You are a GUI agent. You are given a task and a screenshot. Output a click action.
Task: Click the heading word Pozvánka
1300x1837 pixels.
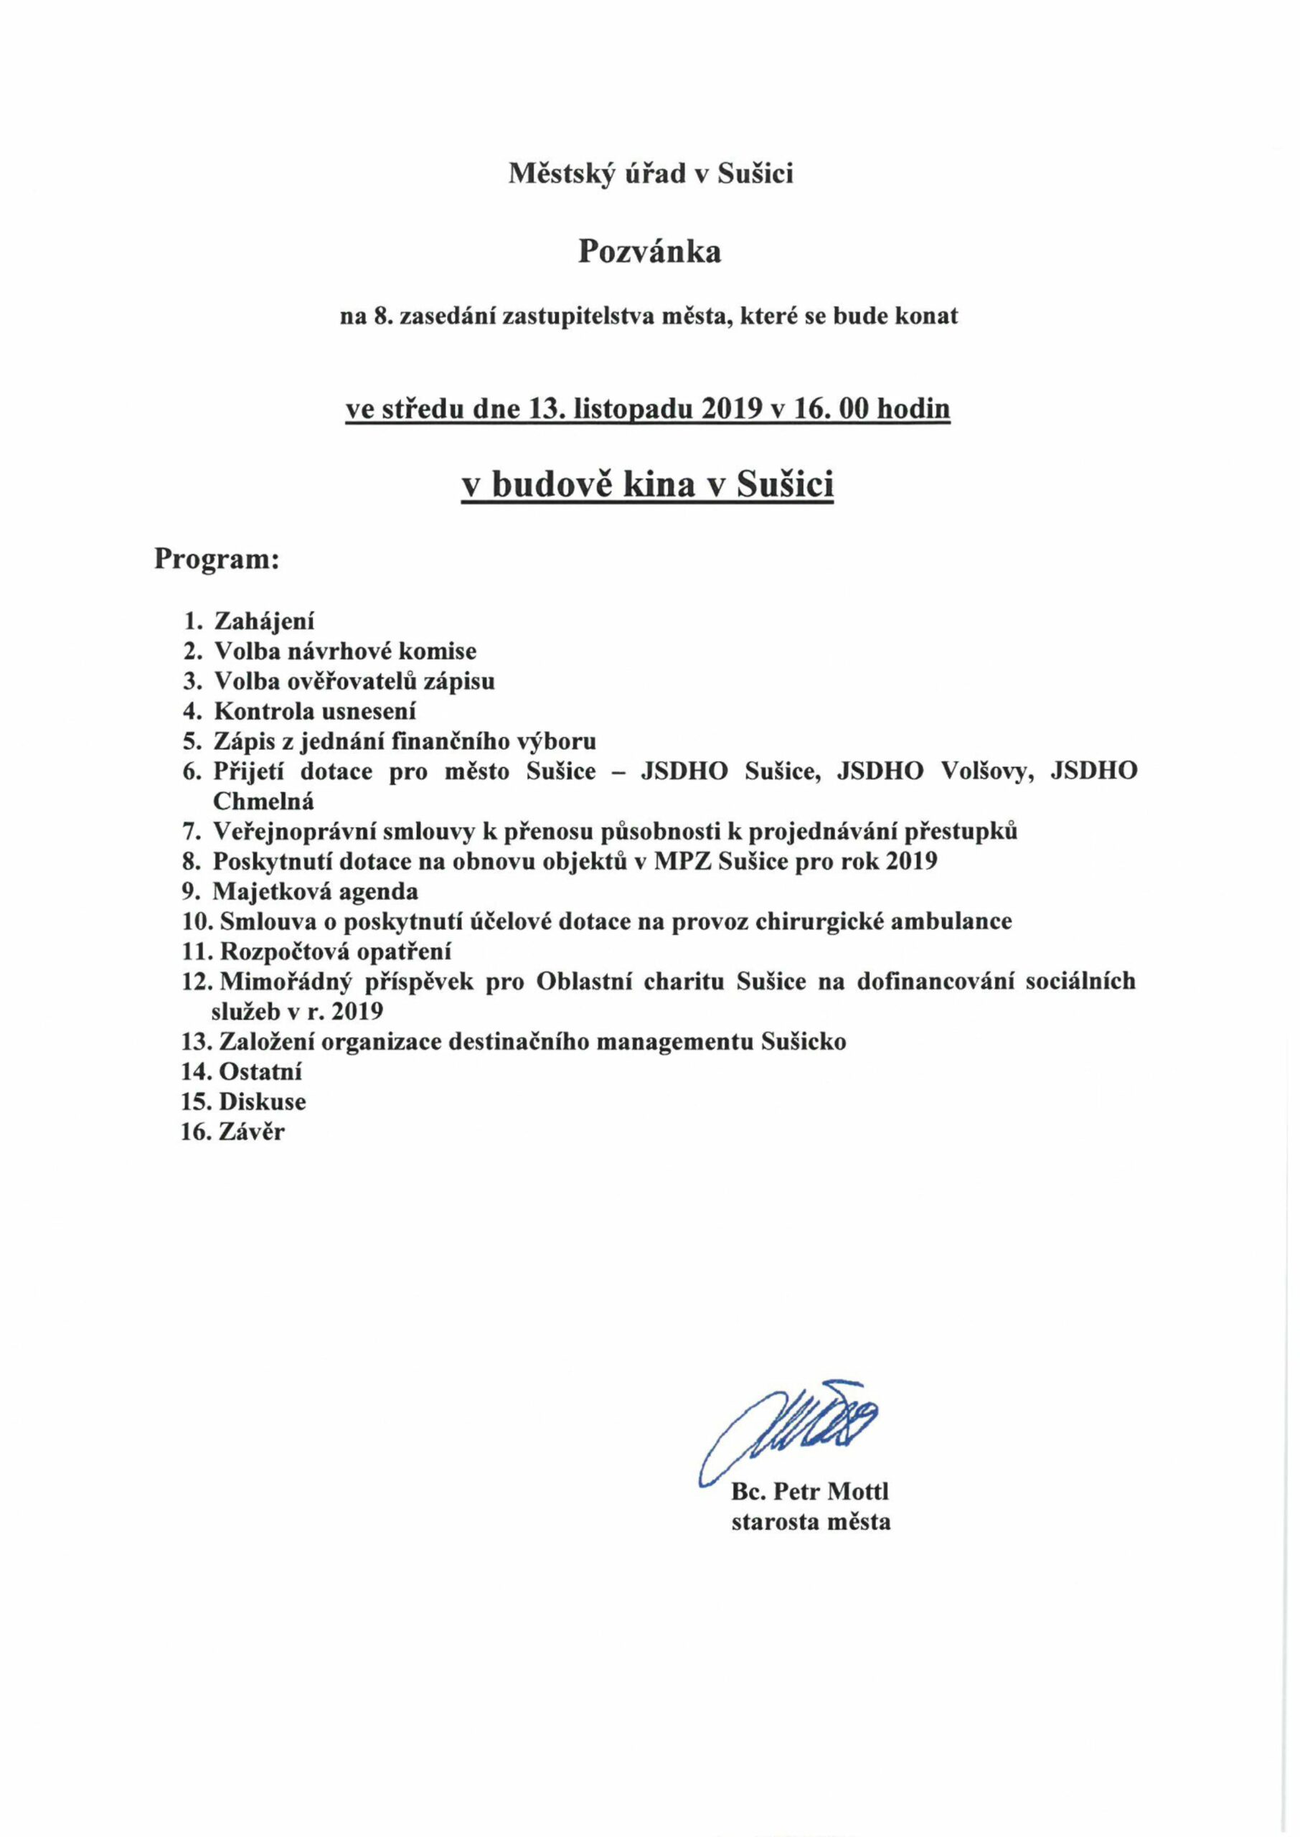click(x=649, y=252)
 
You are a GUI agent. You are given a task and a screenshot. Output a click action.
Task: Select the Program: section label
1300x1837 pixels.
click(x=217, y=559)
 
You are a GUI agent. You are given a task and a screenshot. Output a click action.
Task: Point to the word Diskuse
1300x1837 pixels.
click(x=263, y=1101)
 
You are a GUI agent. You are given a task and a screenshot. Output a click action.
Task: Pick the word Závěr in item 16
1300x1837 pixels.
click(x=251, y=1132)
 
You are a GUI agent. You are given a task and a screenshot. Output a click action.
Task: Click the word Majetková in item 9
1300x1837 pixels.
click(x=271, y=891)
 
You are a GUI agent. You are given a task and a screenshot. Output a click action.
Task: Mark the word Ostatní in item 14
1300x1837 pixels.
click(x=260, y=1072)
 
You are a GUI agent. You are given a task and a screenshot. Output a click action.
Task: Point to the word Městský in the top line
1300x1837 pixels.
click(x=562, y=173)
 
